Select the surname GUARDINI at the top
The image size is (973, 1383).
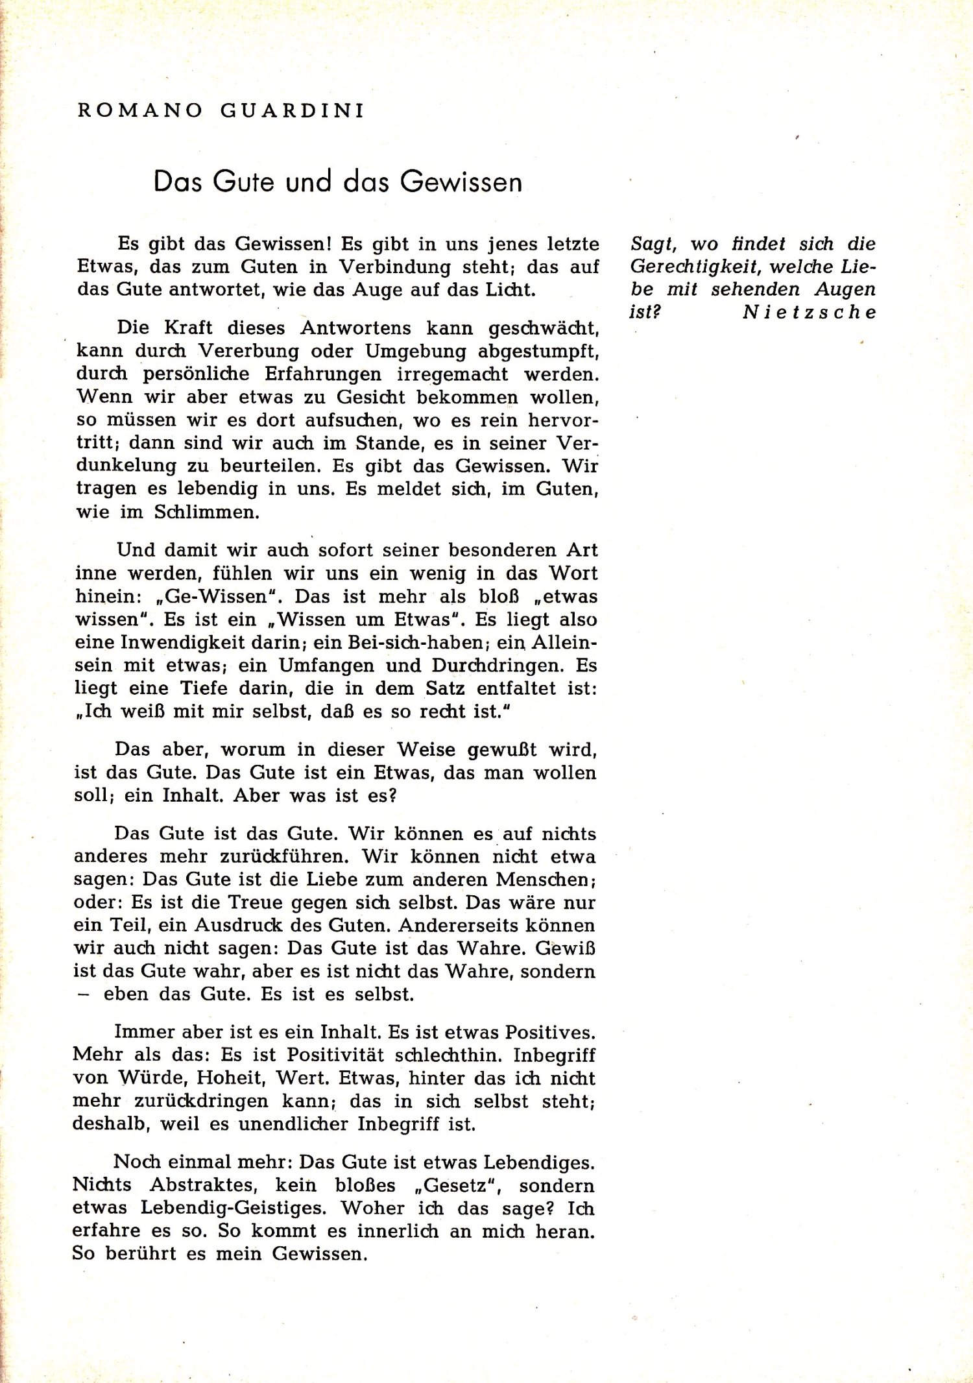tap(293, 111)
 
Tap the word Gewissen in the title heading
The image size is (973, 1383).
tap(461, 182)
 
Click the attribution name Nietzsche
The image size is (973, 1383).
tap(809, 312)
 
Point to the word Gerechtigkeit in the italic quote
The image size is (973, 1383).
tap(695, 267)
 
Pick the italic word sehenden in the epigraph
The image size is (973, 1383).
tap(755, 289)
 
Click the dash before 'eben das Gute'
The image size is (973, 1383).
tap(82, 994)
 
